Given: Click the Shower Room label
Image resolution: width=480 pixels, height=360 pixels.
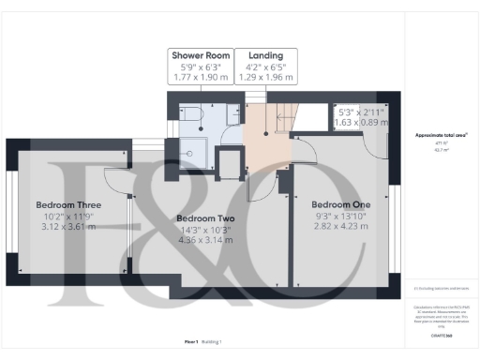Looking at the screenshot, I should click(x=199, y=54).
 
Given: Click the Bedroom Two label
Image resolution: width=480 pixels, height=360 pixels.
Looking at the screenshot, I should click(x=204, y=219).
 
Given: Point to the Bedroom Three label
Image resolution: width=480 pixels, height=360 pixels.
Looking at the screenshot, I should click(x=68, y=204).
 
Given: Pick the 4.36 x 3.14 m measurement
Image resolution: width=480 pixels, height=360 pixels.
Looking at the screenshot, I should click(x=204, y=241).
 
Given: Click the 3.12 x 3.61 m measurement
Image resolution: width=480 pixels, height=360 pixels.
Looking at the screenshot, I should click(x=68, y=227).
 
